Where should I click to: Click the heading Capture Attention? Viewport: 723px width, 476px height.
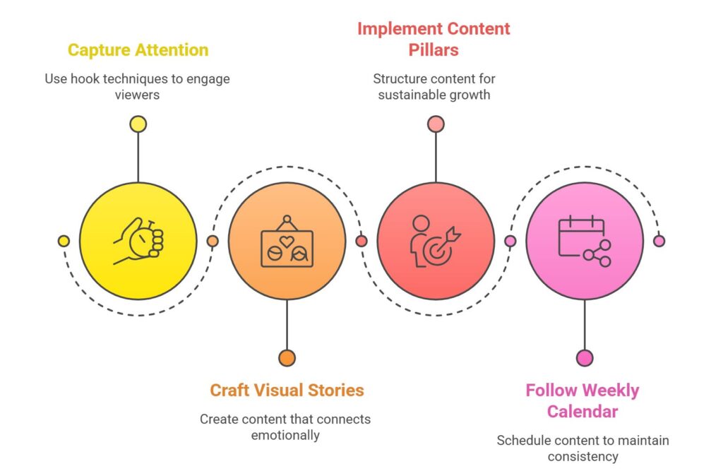pyautogui.click(x=138, y=50)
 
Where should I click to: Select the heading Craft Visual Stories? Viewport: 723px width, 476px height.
pyautogui.click(x=287, y=390)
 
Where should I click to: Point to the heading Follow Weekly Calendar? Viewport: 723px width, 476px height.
pyautogui.click(x=582, y=400)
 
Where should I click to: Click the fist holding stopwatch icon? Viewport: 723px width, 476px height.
pyautogui.click(x=138, y=241)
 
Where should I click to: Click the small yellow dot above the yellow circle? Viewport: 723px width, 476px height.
pyautogui.click(x=138, y=124)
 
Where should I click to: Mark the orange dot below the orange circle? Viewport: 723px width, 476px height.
pyautogui.click(x=287, y=358)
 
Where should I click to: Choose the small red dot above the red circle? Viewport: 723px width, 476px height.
pyautogui.click(x=436, y=124)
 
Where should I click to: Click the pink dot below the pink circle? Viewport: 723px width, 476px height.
pyautogui.click(x=585, y=358)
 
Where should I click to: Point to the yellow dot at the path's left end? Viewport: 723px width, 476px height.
pyautogui.click(x=64, y=241)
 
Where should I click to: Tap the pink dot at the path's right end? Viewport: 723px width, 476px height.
pyautogui.click(x=659, y=241)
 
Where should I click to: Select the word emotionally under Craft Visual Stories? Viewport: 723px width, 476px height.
pyautogui.click(x=285, y=435)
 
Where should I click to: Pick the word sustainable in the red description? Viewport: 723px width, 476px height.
pyautogui.click(x=414, y=95)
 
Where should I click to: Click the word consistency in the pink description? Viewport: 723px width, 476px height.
pyautogui.click(x=582, y=456)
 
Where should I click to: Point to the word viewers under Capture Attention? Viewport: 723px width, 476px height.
pyautogui.click(x=138, y=95)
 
